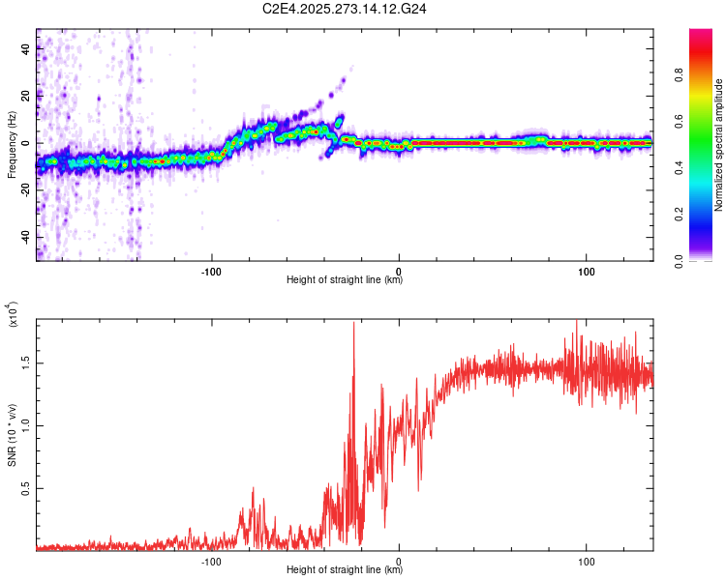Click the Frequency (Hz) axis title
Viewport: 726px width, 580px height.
pos(13,145)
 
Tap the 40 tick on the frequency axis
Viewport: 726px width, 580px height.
pos(26,50)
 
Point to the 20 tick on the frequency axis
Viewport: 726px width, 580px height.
pos(26,97)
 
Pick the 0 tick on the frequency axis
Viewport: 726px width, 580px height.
pos(26,143)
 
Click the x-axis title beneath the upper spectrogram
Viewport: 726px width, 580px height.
pos(345,279)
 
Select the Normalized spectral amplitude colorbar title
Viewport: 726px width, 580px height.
pos(719,145)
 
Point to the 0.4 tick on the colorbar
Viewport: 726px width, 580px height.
pos(706,168)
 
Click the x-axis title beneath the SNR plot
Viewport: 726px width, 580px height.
pos(345,570)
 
